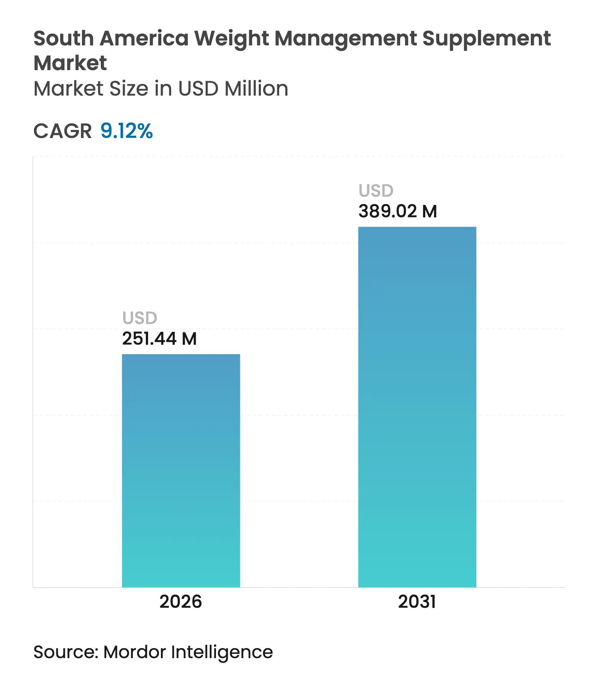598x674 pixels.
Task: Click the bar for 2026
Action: [181, 471]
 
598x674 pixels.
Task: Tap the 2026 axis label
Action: [181, 602]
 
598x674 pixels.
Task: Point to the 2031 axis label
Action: [417, 602]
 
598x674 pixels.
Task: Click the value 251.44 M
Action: [159, 338]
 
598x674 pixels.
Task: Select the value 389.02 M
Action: [398, 211]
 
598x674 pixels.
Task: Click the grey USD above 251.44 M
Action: [140, 318]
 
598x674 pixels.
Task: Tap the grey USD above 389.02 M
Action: [376, 190]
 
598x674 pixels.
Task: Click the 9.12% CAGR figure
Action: [126, 131]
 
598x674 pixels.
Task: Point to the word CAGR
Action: [62, 131]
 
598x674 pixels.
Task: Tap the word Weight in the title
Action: [231, 38]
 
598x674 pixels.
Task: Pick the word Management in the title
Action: [346, 38]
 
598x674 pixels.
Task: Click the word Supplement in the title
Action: [487, 38]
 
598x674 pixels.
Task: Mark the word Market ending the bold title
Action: [70, 63]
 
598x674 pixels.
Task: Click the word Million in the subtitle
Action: [256, 89]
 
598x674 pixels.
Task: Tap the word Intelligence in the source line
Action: [222, 652]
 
